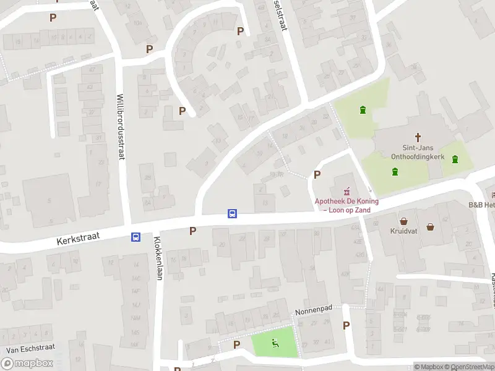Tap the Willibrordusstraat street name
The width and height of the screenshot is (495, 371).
click(x=121, y=126)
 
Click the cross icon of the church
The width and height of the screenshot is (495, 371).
click(x=418, y=137)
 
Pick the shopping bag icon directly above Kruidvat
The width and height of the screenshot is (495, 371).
click(x=403, y=221)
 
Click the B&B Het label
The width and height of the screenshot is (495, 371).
click(x=481, y=205)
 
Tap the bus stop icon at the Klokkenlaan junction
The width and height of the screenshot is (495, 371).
click(x=135, y=237)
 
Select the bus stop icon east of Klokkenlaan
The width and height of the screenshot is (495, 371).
click(x=233, y=214)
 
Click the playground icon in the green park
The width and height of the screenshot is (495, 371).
click(x=275, y=344)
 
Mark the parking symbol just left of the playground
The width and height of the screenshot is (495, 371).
click(x=236, y=344)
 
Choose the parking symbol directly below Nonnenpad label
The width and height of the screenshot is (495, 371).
click(x=346, y=325)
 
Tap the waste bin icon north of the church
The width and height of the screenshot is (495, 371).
click(x=363, y=110)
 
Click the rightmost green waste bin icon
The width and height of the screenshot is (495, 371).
click(x=455, y=160)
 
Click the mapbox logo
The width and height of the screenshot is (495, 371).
click(x=27, y=364)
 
